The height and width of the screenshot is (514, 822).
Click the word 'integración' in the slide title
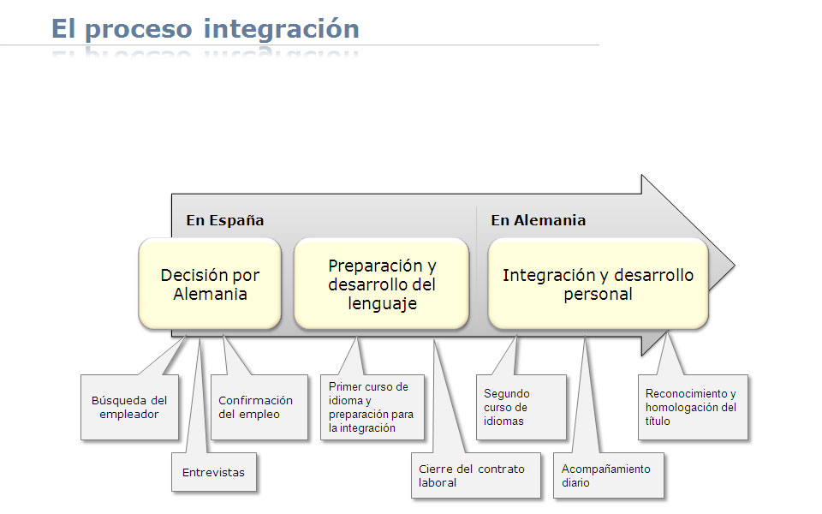(x=282, y=30)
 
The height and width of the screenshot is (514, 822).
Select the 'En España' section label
(x=225, y=220)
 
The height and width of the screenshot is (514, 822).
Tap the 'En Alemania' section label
(x=539, y=220)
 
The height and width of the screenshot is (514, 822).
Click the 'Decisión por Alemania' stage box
(x=210, y=284)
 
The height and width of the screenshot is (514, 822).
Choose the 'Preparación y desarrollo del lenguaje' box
(x=382, y=284)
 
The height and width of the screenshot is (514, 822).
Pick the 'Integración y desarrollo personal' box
(x=599, y=284)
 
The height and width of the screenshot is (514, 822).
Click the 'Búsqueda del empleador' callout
(x=129, y=407)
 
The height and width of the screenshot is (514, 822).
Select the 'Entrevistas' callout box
(x=214, y=472)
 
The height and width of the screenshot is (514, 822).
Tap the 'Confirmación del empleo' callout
(x=259, y=407)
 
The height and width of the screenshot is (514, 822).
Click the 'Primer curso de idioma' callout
(x=372, y=407)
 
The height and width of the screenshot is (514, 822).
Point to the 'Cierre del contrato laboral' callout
(x=476, y=475)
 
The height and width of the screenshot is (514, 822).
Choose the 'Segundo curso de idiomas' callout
(x=521, y=407)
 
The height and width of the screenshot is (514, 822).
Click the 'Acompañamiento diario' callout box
(x=609, y=475)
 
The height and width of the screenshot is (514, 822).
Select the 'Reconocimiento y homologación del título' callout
(x=693, y=407)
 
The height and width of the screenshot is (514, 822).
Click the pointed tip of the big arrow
(x=734, y=266)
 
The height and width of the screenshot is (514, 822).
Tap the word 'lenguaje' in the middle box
(x=382, y=303)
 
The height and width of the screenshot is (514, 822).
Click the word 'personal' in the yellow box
(x=599, y=294)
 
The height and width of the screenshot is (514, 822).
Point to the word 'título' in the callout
(x=658, y=421)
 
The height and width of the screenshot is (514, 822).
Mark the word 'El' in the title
(x=63, y=29)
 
